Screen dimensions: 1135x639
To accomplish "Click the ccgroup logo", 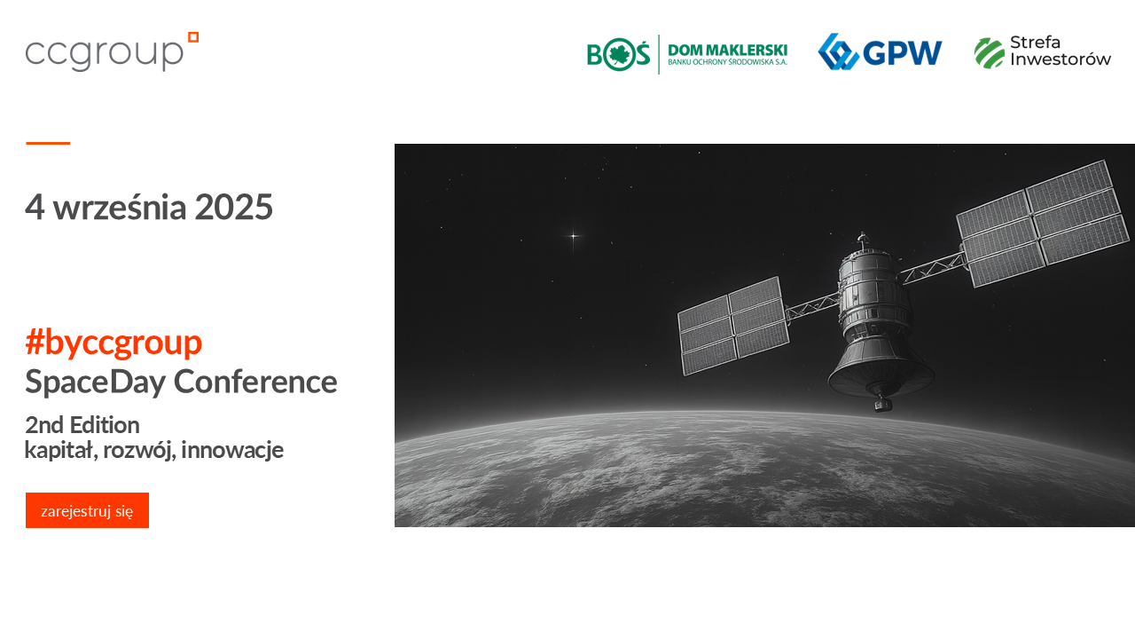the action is click(112, 51).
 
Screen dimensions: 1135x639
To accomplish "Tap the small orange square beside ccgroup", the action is click(193, 37).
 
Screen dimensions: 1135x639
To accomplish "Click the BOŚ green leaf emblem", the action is click(618, 54).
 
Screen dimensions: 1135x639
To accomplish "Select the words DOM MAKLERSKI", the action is click(728, 51).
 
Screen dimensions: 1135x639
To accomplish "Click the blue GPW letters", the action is click(903, 52).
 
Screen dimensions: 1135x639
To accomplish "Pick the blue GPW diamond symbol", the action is click(838, 51).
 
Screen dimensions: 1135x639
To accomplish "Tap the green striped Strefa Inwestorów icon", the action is click(989, 52).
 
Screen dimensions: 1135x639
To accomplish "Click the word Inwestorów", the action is click(1061, 59).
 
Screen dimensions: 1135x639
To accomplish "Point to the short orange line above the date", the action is click(48, 144).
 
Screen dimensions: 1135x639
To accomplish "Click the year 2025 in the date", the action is click(233, 207).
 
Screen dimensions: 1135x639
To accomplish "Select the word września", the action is click(120, 207).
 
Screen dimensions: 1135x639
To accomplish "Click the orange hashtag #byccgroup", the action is click(113, 343).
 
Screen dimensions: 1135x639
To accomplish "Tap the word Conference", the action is click(255, 382).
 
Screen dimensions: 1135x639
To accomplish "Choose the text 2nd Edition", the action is click(82, 425).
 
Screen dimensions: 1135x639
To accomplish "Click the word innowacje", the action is click(232, 450).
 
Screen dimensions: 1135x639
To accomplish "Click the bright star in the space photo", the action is click(574, 236).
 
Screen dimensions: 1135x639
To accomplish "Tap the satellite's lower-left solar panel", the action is click(733, 326).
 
